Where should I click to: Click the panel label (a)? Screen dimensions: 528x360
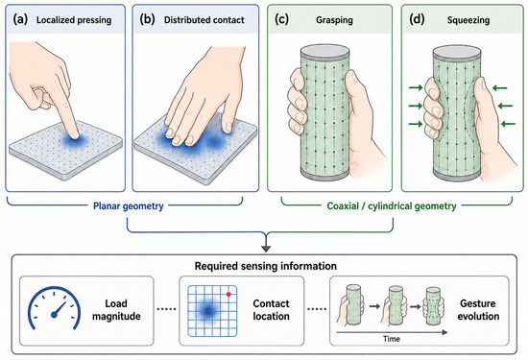[20, 19]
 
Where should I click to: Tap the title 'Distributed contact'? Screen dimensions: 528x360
[204, 20]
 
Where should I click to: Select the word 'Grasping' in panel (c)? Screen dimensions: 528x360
[334, 20]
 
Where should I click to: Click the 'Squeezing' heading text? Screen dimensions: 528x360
[468, 20]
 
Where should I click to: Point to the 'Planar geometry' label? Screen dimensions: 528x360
[129, 205]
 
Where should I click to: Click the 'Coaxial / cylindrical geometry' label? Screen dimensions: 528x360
[392, 205]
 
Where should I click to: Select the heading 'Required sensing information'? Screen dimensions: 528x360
[266, 266]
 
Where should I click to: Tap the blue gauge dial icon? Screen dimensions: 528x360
[54, 308]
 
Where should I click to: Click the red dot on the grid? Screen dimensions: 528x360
[228, 295]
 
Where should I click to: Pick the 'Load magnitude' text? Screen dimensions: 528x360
[116, 310]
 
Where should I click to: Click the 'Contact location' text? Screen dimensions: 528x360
[271, 310]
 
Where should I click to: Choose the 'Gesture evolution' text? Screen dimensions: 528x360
[478, 310]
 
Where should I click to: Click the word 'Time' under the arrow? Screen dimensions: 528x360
[392, 339]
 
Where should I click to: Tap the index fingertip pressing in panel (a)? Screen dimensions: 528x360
[75, 135]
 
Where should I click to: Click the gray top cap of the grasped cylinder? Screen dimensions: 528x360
[324, 52]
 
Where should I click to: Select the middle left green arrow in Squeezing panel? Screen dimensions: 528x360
[416, 106]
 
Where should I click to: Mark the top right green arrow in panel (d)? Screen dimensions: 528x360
[500, 88]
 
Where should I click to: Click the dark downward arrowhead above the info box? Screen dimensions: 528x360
[266, 249]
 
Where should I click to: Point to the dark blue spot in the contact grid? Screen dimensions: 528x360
[208, 311]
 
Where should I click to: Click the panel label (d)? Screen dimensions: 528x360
[417, 19]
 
